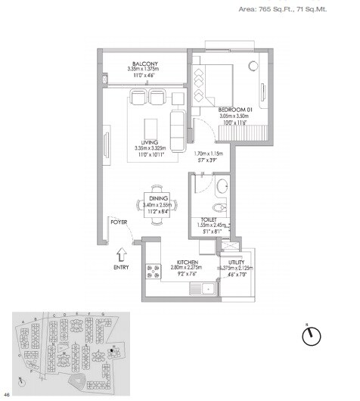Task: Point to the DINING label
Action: pos(158,197)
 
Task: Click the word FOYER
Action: pos(118,222)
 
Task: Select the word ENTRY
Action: pos(121,267)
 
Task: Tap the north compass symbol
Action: pos(312,337)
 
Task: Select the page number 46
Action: pos(7,394)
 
